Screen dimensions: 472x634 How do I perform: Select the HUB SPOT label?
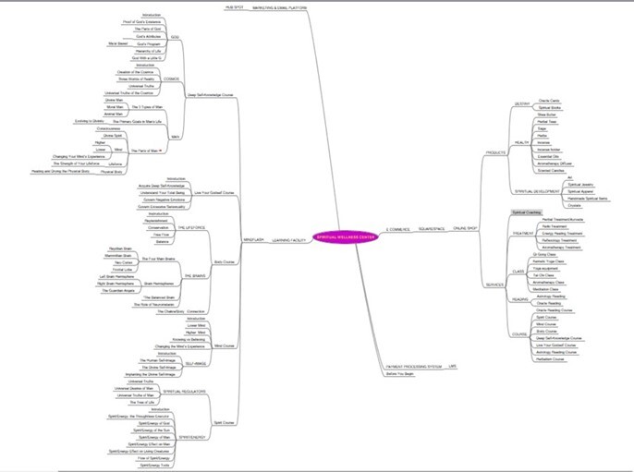(x=236, y=7)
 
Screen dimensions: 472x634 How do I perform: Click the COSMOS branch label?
(x=173, y=79)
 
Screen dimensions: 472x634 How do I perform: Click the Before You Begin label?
(x=398, y=374)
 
